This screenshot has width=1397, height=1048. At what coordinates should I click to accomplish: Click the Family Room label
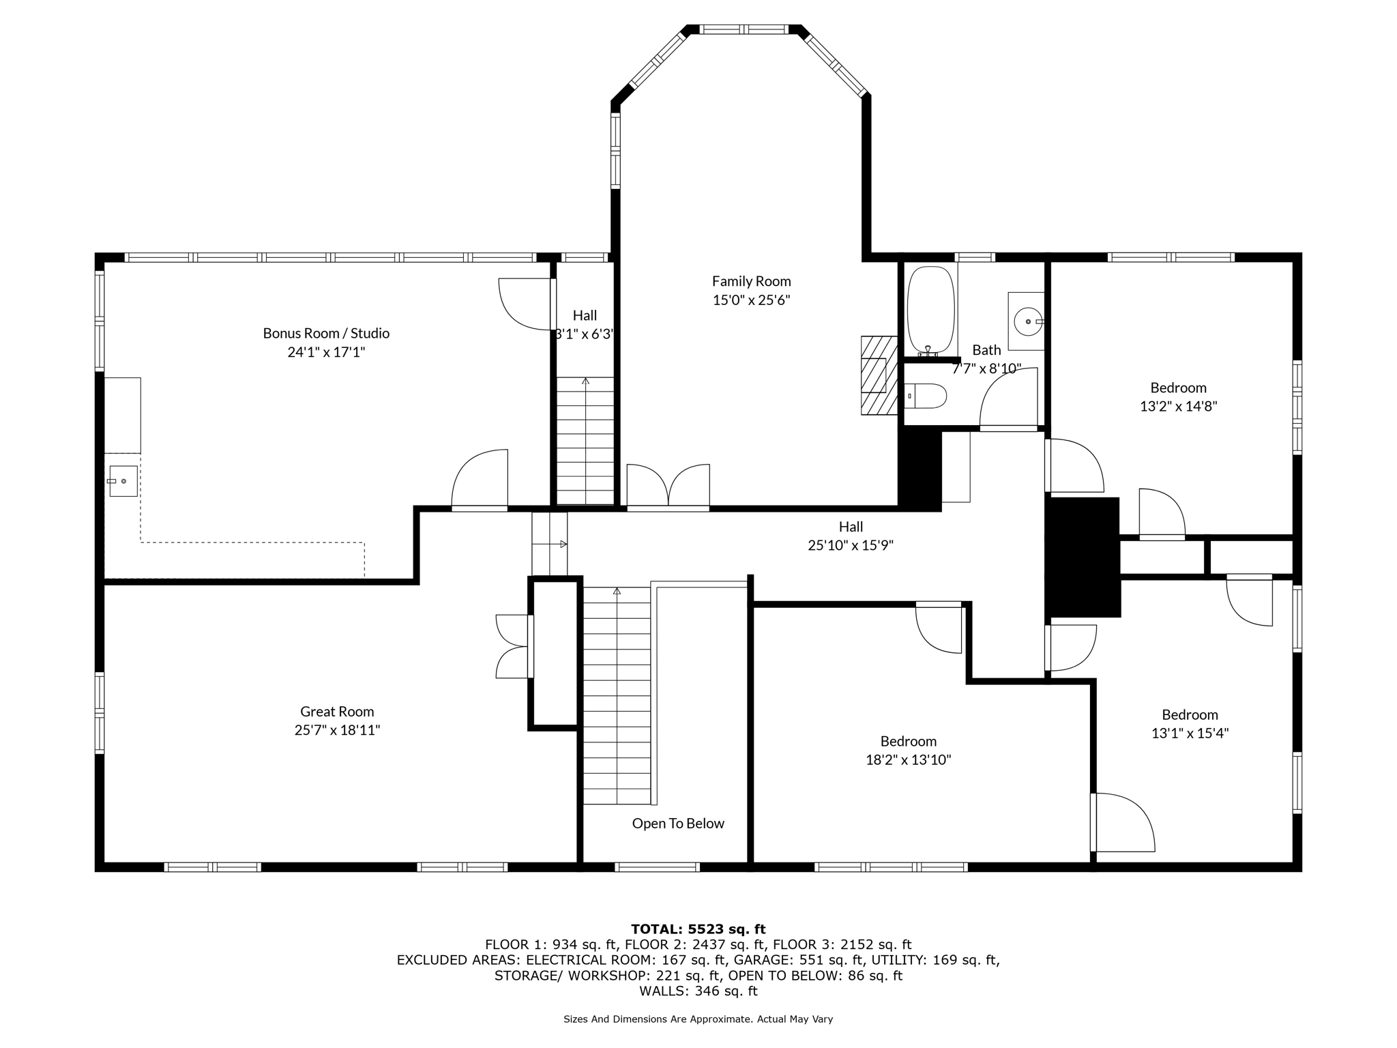[x=751, y=281]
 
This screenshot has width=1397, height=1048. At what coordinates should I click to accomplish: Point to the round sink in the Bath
[x=1028, y=321]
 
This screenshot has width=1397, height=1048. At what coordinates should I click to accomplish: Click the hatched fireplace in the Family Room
[x=879, y=375]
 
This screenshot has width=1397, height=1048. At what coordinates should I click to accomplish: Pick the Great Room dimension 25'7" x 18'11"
[x=337, y=730]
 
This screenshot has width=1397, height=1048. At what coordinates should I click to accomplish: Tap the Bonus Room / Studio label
[x=326, y=333]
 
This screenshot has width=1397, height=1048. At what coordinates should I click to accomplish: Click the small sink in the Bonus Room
[x=123, y=481]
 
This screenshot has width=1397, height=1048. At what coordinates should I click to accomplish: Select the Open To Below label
[x=678, y=824]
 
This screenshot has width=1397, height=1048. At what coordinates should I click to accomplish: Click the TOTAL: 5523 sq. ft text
[x=698, y=929]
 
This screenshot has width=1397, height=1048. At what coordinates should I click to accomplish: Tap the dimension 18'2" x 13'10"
[x=909, y=759]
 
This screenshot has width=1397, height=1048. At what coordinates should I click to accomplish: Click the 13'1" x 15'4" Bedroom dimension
[x=1190, y=733]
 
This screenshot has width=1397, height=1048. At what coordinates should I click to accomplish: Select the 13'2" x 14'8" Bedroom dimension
[x=1179, y=406]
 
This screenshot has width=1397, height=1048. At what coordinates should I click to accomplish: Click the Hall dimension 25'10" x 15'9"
[x=851, y=545]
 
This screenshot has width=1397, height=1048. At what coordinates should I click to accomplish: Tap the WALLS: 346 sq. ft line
[x=698, y=991]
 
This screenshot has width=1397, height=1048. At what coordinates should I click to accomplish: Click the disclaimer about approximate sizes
[x=698, y=1019]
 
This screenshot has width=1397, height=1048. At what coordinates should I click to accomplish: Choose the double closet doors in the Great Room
[x=514, y=646]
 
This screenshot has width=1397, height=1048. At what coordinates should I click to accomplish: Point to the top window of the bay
[x=744, y=29]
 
